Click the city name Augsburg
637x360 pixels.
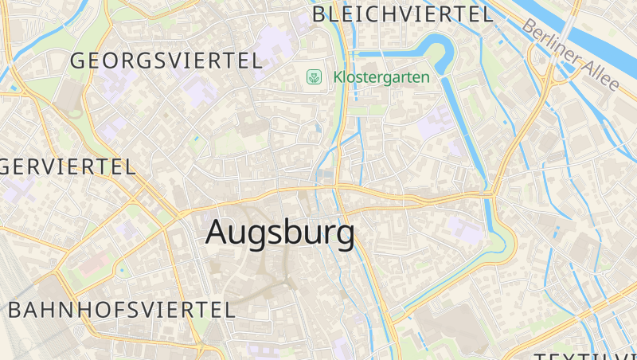279,233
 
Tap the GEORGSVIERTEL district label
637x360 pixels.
166,61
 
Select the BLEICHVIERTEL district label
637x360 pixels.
402,14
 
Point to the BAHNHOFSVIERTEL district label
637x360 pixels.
122,310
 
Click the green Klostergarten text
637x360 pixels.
381,77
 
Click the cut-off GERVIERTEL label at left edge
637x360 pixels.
68,166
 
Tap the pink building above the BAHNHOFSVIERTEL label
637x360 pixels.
94,260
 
